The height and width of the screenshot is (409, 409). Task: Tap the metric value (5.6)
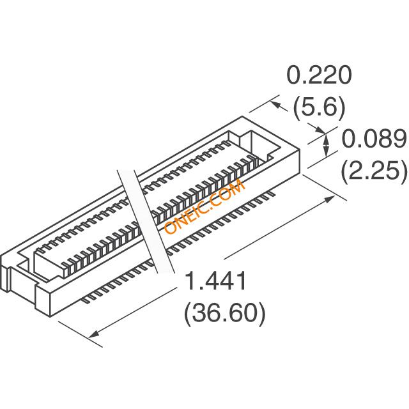(x=319, y=107)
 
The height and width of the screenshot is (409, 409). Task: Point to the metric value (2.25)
(x=374, y=170)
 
